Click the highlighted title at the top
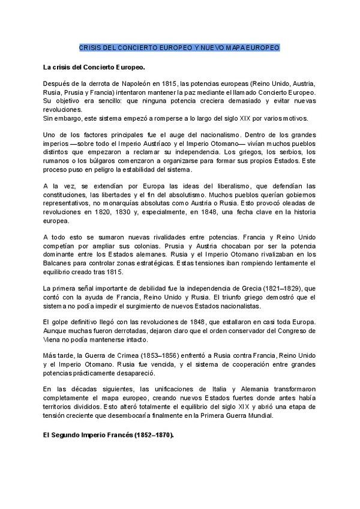point(179,47)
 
